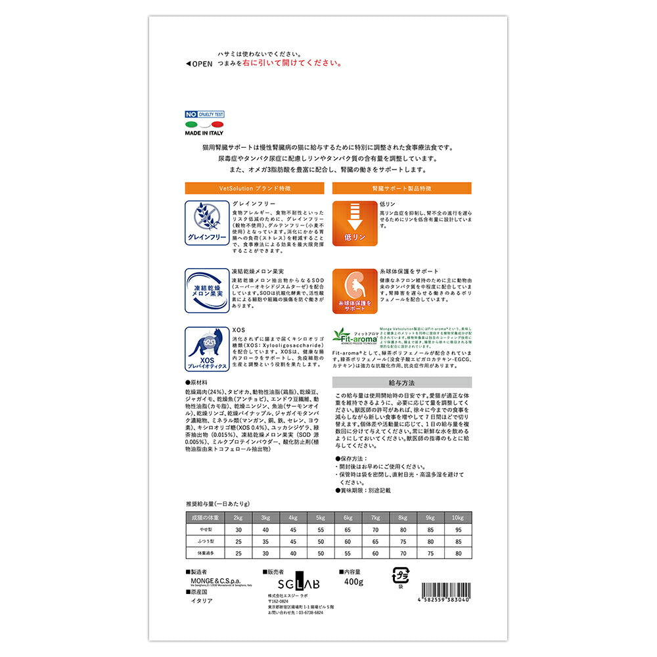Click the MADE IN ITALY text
tap(204, 133)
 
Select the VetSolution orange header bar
tap(254, 188)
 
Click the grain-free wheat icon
tap(206, 222)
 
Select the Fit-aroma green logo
tap(354, 335)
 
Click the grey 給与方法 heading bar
tap(401, 382)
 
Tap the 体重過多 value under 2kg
tap(238, 553)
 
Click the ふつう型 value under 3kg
tap(266, 541)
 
